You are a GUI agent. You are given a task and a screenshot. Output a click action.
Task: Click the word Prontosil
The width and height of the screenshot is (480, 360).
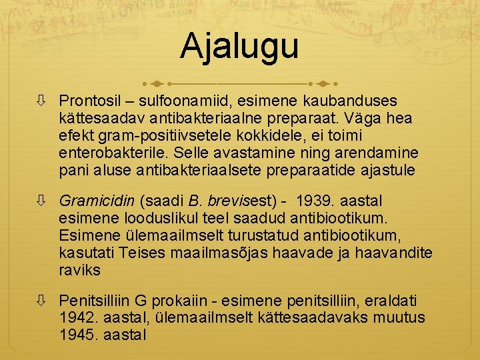[89, 101]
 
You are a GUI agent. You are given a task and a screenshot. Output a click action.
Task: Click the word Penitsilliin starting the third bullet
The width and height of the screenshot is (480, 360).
[96, 300]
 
